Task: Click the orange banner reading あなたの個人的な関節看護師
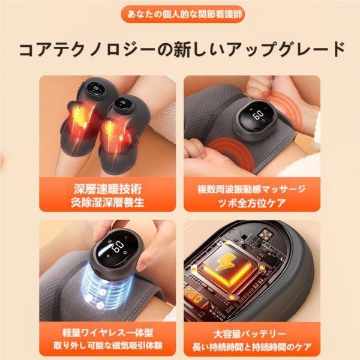click(x=180, y=13)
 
